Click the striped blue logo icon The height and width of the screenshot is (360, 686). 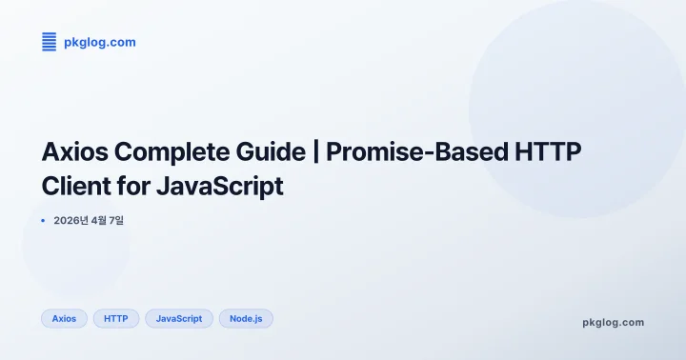click(x=50, y=42)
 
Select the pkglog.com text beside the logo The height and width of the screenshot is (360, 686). click(x=99, y=42)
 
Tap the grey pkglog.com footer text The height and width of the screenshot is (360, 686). click(x=613, y=322)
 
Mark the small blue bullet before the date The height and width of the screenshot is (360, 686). click(x=44, y=221)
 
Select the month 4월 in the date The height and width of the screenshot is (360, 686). click(x=99, y=221)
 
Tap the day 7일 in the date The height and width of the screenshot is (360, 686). click(x=118, y=221)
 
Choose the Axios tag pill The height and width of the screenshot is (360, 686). click(x=64, y=318)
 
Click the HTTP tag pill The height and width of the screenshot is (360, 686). click(x=116, y=318)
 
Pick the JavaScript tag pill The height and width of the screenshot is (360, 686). click(x=179, y=318)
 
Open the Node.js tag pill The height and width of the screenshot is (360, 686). click(x=246, y=318)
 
